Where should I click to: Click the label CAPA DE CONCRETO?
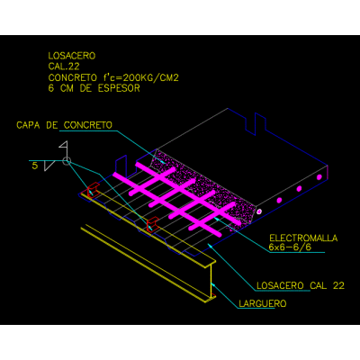click(x=64, y=125)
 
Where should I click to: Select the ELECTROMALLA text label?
click(x=303, y=238)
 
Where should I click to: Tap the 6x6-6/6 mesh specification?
click(x=290, y=247)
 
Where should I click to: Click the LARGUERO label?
click(x=263, y=303)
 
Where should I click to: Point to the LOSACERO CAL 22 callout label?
click(x=301, y=285)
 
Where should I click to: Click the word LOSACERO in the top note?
click(x=72, y=56)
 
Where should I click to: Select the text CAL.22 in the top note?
click(x=64, y=67)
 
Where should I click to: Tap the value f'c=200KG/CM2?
click(x=141, y=77)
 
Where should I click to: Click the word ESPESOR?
click(x=119, y=88)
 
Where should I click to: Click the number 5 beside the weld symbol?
click(x=35, y=166)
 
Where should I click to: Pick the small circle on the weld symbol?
click(x=67, y=161)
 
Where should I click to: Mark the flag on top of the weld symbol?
click(x=63, y=146)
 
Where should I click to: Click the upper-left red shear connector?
click(x=93, y=189)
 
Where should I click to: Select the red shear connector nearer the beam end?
click(x=152, y=224)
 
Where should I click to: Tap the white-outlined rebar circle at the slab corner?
click(x=259, y=211)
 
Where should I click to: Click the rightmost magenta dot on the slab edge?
click(x=319, y=177)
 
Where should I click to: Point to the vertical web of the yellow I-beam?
click(x=211, y=281)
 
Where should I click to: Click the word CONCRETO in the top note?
click(x=73, y=77)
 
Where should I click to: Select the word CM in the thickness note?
click(x=67, y=88)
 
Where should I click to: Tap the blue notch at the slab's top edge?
click(x=256, y=124)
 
